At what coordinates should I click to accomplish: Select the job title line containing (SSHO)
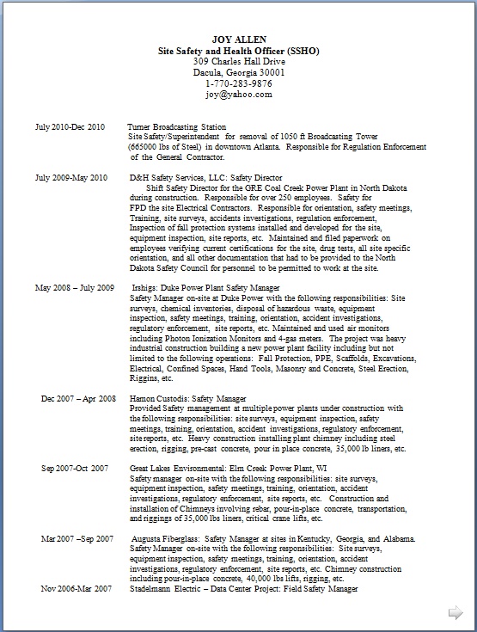(243, 52)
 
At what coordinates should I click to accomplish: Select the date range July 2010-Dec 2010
(70, 126)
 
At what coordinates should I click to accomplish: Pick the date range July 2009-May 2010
(70, 177)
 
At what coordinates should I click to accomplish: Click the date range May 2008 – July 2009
(74, 287)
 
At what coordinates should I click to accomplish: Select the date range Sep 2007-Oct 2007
(75, 468)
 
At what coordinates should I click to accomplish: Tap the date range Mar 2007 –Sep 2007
(77, 538)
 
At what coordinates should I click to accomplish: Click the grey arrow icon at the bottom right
(456, 612)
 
